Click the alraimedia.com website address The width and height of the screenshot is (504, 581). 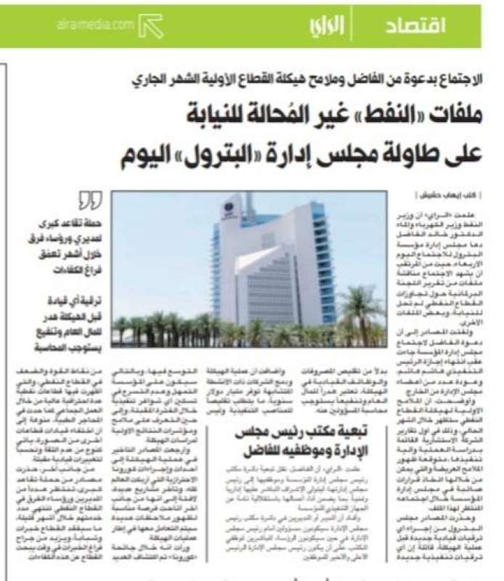click(95, 25)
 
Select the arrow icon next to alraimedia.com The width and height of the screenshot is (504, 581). click(151, 26)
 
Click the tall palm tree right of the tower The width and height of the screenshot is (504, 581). click(359, 305)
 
